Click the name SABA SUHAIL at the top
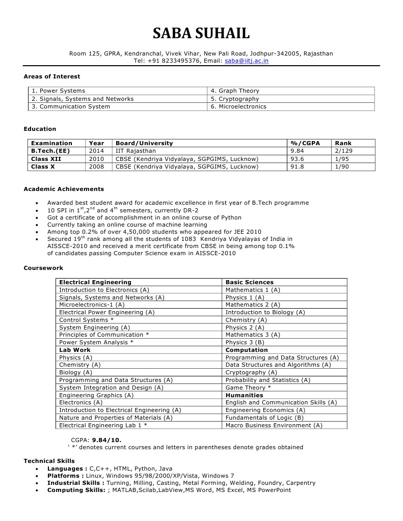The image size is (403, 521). [x=201, y=34]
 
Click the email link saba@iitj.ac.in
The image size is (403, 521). [x=247, y=61]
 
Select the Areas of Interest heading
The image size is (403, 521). [x=52, y=76]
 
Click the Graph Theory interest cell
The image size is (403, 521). [x=235, y=91]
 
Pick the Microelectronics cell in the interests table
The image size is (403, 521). [x=238, y=106]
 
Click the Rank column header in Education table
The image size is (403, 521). [x=343, y=143]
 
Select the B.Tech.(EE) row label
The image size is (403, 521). [x=50, y=151]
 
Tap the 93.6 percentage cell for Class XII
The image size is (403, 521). [x=297, y=159]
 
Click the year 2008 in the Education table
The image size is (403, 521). [x=96, y=167]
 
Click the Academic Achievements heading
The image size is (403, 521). [x=64, y=189]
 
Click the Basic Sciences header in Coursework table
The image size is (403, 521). [x=249, y=282]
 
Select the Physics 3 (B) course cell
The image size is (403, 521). [x=245, y=342]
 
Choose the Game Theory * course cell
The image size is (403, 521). [x=248, y=388]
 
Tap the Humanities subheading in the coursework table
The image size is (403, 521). [x=244, y=395]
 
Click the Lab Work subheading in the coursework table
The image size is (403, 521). [x=75, y=350]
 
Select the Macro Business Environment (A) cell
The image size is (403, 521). [x=274, y=425]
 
